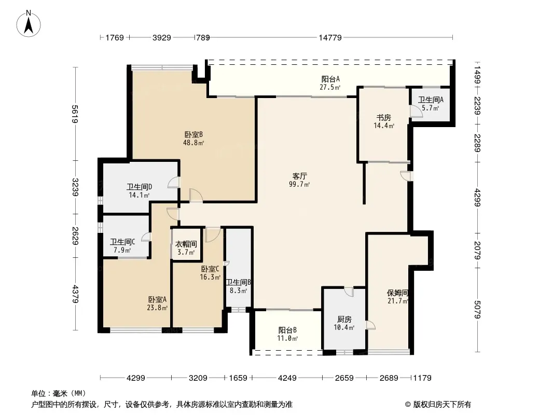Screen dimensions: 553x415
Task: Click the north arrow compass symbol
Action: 29,24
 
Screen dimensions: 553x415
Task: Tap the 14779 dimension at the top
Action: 330,37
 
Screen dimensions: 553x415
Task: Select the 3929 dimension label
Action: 162,37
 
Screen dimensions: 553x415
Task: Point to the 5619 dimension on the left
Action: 75,114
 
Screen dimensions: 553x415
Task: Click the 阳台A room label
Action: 330,79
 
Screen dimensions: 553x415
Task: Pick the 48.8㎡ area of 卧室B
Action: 193,143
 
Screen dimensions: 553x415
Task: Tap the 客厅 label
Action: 299,175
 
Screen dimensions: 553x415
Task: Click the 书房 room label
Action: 384,117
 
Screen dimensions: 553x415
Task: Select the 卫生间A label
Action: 431,100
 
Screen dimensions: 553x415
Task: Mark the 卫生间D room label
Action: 140,187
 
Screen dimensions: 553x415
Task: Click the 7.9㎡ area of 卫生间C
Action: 122,251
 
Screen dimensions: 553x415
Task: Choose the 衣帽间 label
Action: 186,244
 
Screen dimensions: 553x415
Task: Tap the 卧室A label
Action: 157,299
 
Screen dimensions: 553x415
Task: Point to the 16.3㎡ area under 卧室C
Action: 210,277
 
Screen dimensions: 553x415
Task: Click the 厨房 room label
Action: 344,319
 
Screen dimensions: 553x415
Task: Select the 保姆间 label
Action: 397,293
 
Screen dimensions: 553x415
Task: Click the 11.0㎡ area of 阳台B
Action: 287,339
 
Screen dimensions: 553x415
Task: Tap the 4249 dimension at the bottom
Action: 287,378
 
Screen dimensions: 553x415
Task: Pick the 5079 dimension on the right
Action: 478,310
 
